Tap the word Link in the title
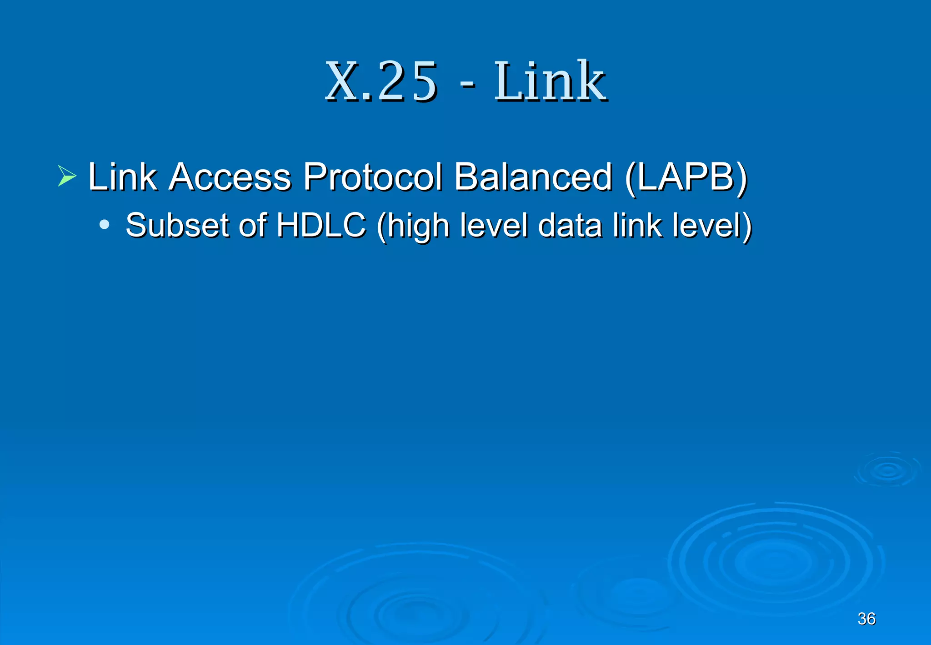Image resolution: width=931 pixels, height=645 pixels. pyautogui.click(x=550, y=82)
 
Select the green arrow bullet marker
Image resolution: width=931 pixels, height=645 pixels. pyautogui.click(x=67, y=176)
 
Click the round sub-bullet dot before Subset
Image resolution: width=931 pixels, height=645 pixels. pyautogui.click(x=104, y=224)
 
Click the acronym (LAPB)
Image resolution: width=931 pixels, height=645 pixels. pyautogui.click(x=686, y=177)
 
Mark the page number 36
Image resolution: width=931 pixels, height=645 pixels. pyautogui.click(x=866, y=619)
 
